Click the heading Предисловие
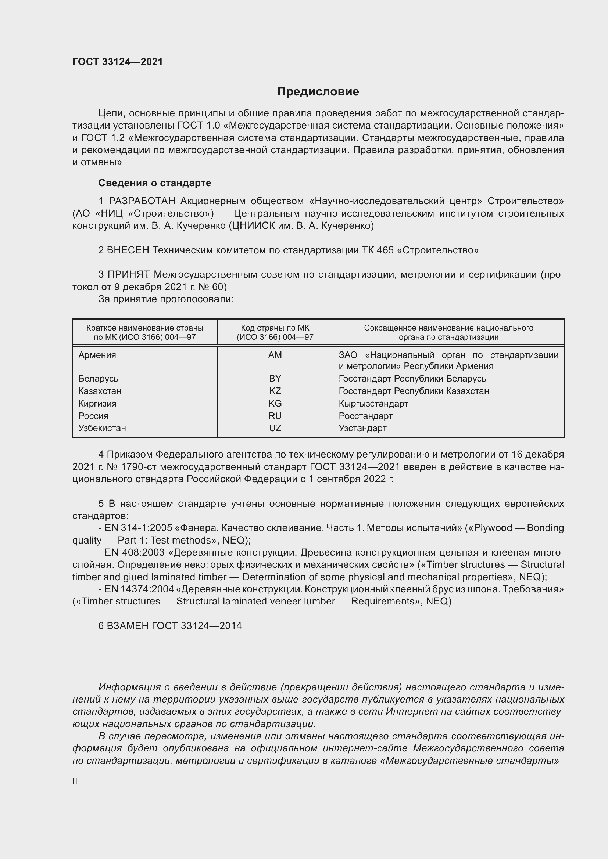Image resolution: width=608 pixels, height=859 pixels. click(x=318, y=91)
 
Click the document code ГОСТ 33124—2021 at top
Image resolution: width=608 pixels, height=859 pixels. click(x=118, y=62)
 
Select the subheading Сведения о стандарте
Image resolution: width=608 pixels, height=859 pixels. click(x=155, y=183)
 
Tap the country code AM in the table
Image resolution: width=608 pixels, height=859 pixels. click(x=275, y=355)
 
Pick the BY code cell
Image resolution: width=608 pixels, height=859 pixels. click(x=275, y=378)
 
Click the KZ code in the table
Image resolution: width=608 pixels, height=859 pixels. click(x=275, y=391)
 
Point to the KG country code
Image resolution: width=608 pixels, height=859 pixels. click(x=275, y=403)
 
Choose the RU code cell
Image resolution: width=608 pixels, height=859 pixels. click(x=275, y=416)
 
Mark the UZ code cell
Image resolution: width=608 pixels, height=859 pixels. click(x=275, y=428)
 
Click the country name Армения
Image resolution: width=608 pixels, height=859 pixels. click(x=97, y=355)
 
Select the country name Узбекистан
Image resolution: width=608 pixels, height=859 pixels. click(x=102, y=428)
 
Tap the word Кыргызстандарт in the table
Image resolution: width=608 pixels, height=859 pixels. click(x=373, y=403)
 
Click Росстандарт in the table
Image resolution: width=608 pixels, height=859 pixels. click(x=365, y=416)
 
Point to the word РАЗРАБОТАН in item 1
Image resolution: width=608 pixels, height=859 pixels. click(x=142, y=201)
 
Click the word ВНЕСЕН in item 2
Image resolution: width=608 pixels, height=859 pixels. click(x=128, y=250)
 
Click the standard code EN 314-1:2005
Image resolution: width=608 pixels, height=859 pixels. click(x=136, y=528)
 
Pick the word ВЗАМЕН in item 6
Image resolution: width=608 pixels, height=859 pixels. click(x=128, y=626)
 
